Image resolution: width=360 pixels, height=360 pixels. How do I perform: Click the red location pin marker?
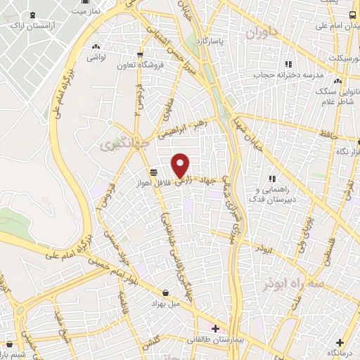181,165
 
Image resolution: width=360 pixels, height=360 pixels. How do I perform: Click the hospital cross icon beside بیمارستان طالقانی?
215,328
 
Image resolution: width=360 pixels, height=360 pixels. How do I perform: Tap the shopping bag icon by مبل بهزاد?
165,292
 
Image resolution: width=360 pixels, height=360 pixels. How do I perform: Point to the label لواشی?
96,59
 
